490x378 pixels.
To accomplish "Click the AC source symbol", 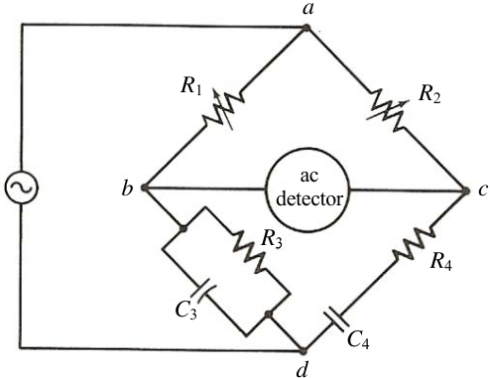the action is (x=22, y=188).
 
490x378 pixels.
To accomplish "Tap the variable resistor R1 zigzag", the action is (x=224, y=109).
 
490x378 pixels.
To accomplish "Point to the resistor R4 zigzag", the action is (x=414, y=243).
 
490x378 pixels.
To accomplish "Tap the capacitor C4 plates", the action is (x=336, y=318).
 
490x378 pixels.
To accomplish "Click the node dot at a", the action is (x=306, y=28).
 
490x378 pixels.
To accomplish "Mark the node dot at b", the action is (x=144, y=188).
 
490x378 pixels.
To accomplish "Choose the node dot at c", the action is (x=466, y=191).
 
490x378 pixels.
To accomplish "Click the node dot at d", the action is (x=303, y=350).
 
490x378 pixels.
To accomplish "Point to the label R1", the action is (x=191, y=86).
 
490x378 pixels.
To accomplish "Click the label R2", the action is (x=429, y=94).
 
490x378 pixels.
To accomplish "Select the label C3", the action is (x=186, y=311).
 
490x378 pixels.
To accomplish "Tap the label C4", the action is (x=358, y=339).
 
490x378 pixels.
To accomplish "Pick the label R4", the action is (x=441, y=262).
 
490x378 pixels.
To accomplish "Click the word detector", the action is (x=309, y=199).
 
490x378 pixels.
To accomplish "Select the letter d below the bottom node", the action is (x=303, y=369).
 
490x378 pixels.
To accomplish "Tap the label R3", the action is (x=272, y=238).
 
